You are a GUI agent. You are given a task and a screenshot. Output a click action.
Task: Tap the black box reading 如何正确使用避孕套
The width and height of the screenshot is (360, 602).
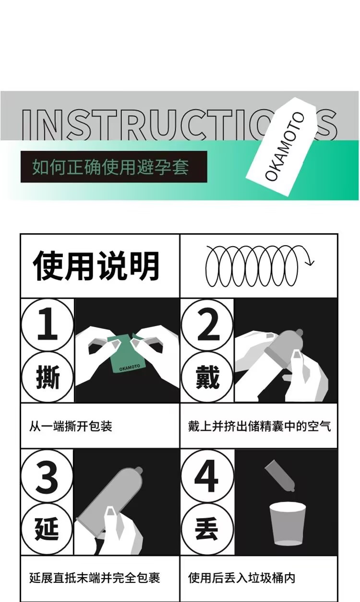[114, 166]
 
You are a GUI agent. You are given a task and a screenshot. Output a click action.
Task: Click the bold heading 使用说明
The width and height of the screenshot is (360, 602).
[96, 266]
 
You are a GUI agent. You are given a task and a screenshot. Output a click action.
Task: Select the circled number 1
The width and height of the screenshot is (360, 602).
[48, 325]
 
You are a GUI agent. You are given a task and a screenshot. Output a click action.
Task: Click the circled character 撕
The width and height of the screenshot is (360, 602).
[48, 377]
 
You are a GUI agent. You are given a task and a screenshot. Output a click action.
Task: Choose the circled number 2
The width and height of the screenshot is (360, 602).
[207, 325]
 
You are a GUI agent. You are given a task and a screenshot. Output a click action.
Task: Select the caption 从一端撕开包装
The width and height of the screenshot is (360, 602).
[71, 426]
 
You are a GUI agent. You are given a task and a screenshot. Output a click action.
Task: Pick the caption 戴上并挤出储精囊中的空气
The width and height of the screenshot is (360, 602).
[259, 426]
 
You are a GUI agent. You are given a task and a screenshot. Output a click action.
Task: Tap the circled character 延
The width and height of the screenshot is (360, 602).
[47, 529]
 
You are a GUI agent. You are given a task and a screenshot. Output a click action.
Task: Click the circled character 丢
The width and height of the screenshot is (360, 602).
[207, 529]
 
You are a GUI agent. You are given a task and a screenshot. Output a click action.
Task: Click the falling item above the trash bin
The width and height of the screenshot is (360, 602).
[280, 475]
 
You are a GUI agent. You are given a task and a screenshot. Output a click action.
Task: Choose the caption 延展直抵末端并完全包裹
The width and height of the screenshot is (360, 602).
[95, 578]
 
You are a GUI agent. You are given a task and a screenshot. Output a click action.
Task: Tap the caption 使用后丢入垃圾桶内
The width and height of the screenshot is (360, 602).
[241, 578]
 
